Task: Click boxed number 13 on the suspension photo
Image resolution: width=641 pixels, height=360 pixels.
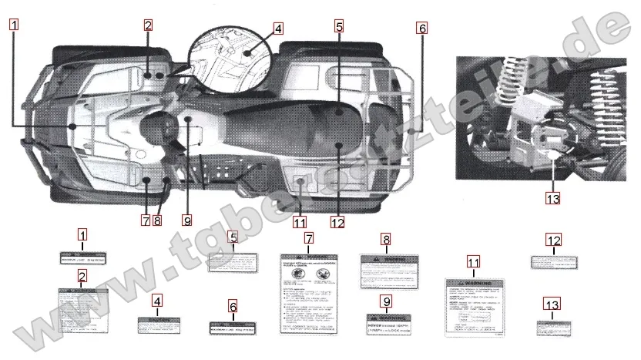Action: click(x=552, y=198)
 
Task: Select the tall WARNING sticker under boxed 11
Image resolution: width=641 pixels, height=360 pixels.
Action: click(x=473, y=306)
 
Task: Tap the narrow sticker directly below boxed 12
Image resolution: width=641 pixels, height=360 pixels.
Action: click(x=553, y=261)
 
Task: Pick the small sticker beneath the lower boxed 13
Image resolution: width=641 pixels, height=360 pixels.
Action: click(x=552, y=327)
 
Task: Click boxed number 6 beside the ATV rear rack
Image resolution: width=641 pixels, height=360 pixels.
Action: click(x=421, y=29)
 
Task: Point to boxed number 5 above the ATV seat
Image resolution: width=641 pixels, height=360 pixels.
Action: click(x=339, y=25)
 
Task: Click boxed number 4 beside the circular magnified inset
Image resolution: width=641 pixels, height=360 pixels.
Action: click(x=277, y=29)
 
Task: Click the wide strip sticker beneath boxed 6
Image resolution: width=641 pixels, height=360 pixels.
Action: click(x=233, y=328)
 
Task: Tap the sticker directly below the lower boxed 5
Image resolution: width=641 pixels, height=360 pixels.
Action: click(x=233, y=263)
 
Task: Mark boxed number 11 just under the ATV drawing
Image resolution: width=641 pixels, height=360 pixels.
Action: click(x=300, y=224)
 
